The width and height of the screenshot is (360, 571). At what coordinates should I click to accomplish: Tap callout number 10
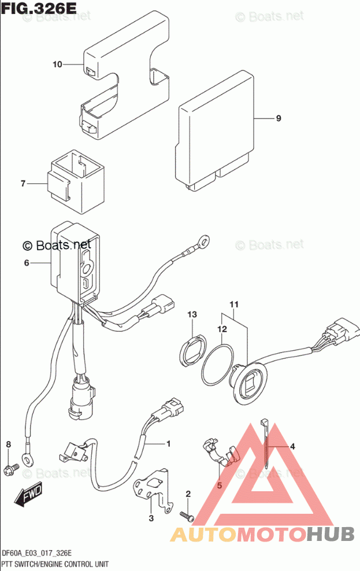57,65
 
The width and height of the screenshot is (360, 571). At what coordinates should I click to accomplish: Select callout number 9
278,118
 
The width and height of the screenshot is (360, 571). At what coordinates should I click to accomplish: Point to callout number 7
23,184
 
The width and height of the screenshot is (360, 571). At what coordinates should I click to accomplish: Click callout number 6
26,264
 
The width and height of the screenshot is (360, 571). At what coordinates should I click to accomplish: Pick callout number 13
192,314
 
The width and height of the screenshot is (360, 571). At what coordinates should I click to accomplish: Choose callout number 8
8,444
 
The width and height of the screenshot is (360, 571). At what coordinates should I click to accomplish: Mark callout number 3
151,518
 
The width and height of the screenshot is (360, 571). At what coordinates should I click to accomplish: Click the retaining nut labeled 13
192,350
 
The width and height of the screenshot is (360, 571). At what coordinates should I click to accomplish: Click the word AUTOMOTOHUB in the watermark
262,533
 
